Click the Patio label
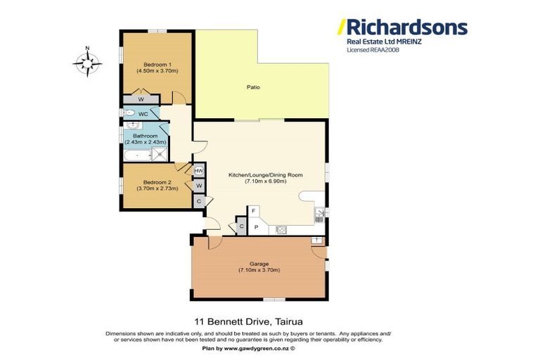click(253, 88)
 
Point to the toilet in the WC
click(130, 113)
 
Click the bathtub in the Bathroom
click(136, 154)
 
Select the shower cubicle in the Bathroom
click(160, 154)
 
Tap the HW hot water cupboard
click(198, 171)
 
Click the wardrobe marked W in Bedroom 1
click(141, 99)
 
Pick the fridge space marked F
click(253, 211)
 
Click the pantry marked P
click(256, 227)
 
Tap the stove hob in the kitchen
click(281, 229)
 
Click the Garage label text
click(259, 264)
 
